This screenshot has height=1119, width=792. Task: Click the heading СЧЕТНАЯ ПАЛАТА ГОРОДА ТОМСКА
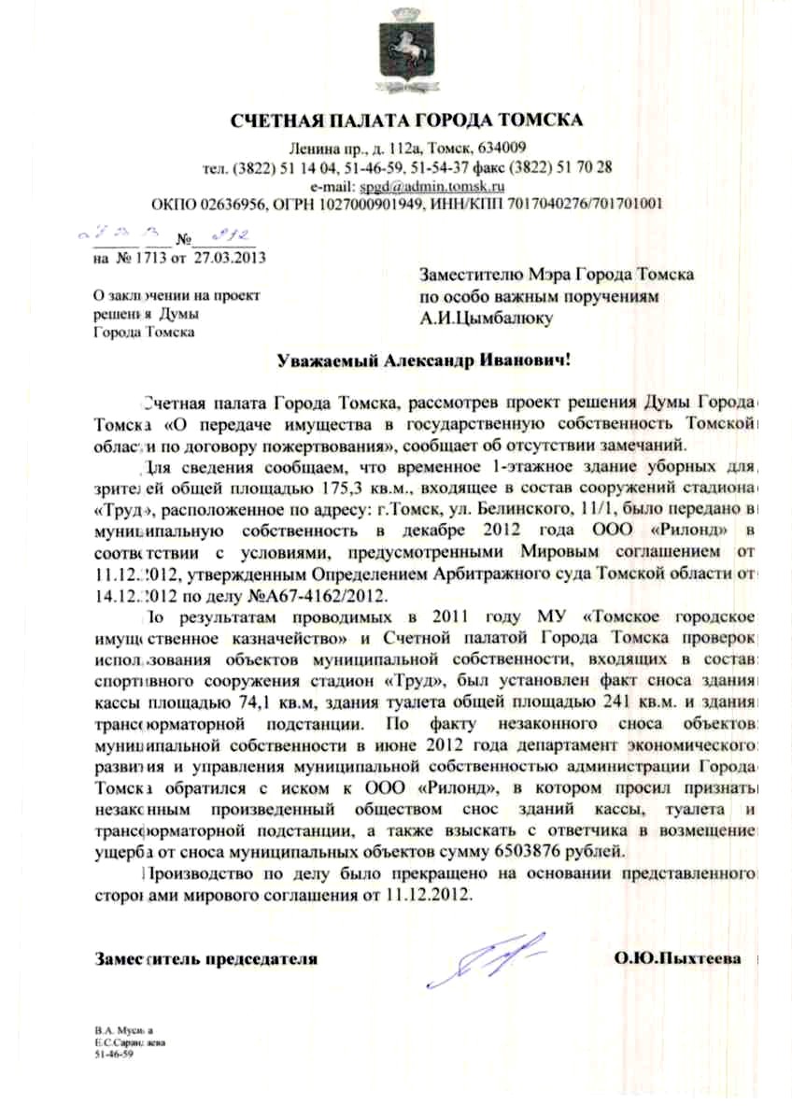[406, 120]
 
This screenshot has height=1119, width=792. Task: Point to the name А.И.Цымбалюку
[487, 318]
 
